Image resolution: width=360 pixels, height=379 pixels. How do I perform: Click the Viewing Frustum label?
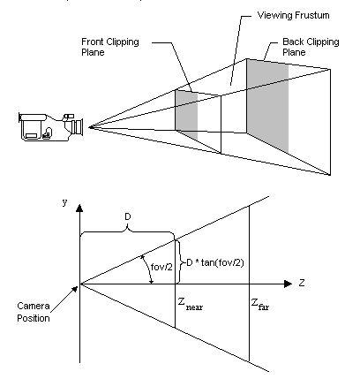[x=293, y=16]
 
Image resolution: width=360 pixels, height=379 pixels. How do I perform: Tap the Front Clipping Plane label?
[x=110, y=47]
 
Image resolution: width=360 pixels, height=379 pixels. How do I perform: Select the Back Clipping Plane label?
[x=311, y=47]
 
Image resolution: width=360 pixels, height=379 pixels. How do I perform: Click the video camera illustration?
[x=51, y=126]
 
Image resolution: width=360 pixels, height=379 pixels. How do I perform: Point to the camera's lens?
[x=78, y=127]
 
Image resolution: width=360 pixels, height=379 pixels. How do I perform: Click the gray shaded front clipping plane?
[x=186, y=115]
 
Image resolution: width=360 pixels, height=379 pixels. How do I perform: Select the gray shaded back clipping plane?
[x=267, y=105]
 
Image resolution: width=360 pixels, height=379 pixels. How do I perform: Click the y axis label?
[x=64, y=202]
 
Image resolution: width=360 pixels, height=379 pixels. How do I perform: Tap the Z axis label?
[x=302, y=283]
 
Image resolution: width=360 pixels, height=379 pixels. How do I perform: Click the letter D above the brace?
[x=128, y=217]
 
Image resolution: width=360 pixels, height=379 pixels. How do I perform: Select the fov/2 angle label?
[x=161, y=267]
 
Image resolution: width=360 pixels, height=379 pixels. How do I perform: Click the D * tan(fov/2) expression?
[x=215, y=262]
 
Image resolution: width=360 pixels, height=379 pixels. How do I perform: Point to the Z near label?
[x=191, y=304]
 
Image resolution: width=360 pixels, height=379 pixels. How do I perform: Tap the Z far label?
[x=260, y=304]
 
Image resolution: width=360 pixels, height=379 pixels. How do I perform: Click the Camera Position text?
[x=34, y=312]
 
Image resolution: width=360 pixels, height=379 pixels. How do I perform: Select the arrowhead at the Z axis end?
[x=288, y=284]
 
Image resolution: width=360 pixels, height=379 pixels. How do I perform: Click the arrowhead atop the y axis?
[x=79, y=208]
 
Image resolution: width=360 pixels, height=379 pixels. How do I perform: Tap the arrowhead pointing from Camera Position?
[x=75, y=288]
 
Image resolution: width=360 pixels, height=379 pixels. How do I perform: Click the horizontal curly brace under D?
[x=127, y=231]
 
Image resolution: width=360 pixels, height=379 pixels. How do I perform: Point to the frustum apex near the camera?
[x=92, y=127]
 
